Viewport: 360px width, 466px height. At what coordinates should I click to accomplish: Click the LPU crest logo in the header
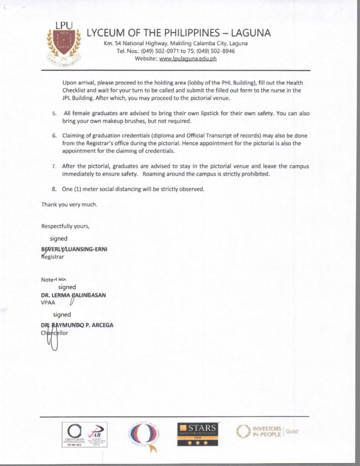click(x=64, y=44)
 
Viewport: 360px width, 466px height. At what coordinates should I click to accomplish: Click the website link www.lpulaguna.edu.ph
click(x=188, y=59)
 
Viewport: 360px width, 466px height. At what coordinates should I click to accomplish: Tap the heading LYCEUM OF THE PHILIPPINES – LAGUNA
click(x=179, y=33)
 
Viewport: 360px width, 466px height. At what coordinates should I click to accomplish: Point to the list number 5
click(x=54, y=113)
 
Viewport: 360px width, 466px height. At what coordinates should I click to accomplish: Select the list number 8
click(x=54, y=189)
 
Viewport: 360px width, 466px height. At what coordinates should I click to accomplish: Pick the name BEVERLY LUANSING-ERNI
click(x=74, y=249)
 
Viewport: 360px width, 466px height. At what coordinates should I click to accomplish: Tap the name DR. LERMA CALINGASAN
click(x=73, y=295)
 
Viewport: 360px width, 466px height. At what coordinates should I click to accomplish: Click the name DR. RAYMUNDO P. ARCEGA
click(x=77, y=325)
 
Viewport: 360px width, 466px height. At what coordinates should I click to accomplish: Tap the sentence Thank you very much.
click(x=69, y=204)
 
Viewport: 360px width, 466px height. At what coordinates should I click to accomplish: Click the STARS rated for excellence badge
click(x=198, y=434)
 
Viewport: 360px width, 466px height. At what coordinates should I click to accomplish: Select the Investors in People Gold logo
click(x=267, y=431)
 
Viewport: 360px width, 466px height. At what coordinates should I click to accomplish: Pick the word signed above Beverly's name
click(x=59, y=238)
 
